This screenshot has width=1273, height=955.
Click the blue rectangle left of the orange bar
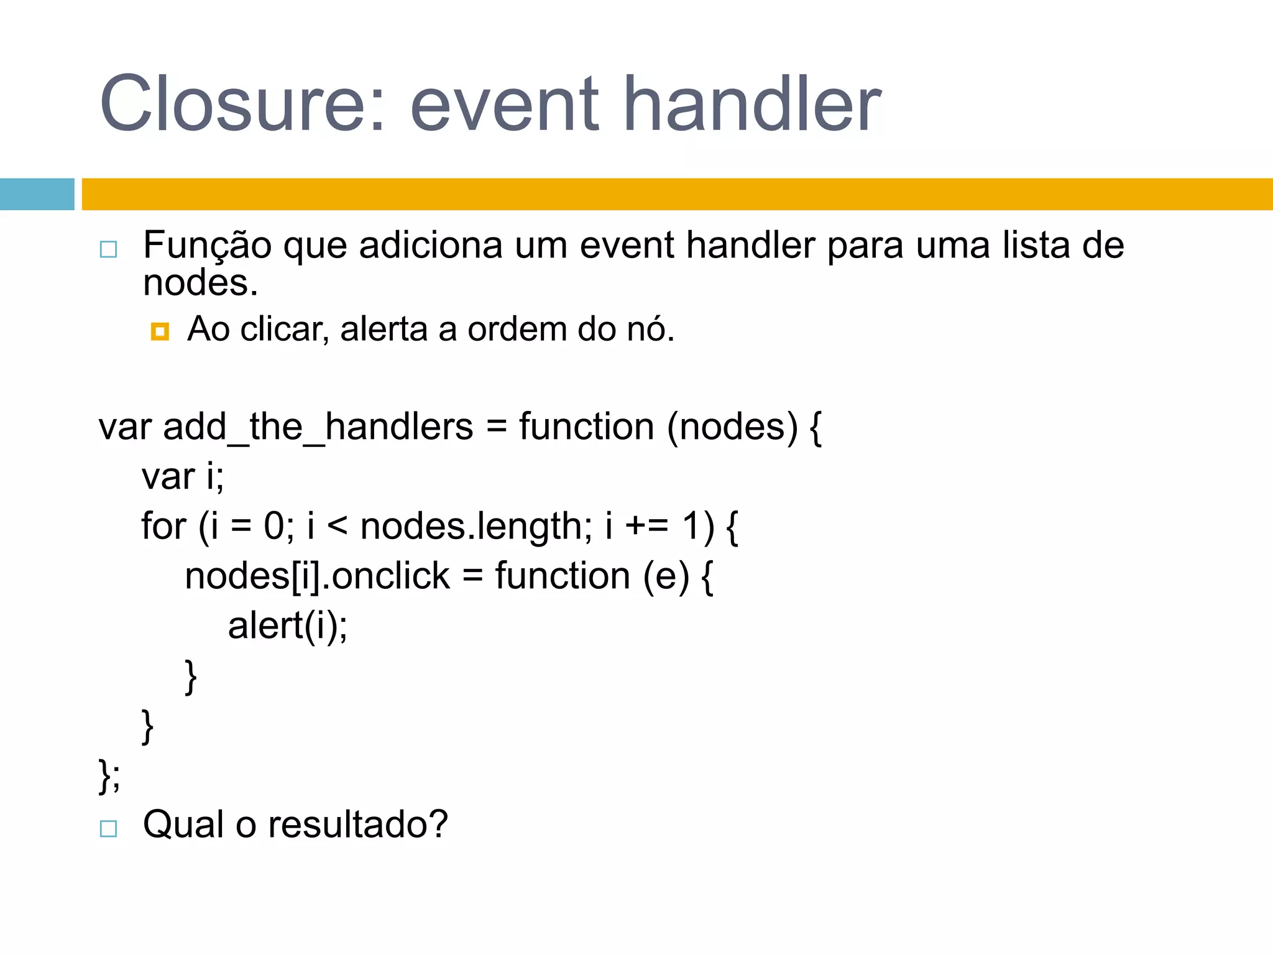click(x=37, y=194)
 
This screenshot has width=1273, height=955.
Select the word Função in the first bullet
click(x=207, y=246)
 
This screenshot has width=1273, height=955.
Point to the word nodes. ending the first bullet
click(x=200, y=284)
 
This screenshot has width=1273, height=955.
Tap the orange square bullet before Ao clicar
click(x=160, y=331)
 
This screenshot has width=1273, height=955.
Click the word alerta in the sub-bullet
click(x=384, y=329)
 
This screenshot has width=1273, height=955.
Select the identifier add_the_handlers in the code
click(x=318, y=428)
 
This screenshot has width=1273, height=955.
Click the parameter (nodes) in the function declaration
click(x=732, y=428)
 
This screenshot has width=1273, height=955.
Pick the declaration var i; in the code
click(x=183, y=477)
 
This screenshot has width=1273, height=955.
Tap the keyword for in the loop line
click(x=163, y=527)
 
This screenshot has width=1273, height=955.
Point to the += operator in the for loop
click(x=646, y=527)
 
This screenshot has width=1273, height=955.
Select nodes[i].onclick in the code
click(x=317, y=576)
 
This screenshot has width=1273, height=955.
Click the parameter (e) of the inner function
click(x=666, y=576)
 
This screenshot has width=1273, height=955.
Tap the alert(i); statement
click(x=288, y=625)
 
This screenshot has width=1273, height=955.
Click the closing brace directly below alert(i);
click(x=191, y=676)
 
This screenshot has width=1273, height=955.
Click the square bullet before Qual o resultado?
click(x=108, y=829)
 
